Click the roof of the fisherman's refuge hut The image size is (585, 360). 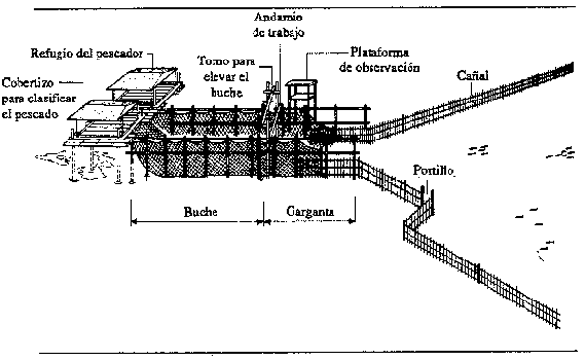(144, 78)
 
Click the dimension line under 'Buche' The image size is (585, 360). (196, 223)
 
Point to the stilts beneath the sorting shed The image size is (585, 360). (93, 161)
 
